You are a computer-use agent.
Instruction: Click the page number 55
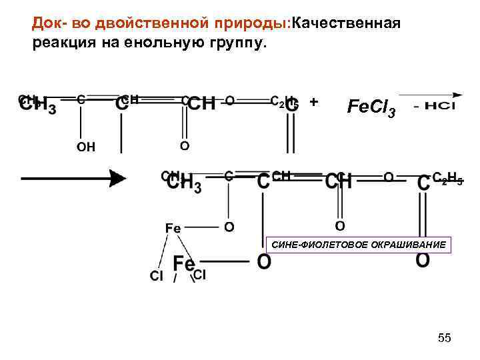[x=445, y=339]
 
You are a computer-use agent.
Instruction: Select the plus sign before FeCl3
[x=314, y=102]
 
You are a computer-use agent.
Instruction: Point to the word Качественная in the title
[x=344, y=25]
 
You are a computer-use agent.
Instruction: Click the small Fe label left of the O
[x=173, y=228]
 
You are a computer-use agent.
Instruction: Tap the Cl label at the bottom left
[x=157, y=276]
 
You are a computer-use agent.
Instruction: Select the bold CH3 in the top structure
[x=39, y=107]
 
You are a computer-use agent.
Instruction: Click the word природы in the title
[x=246, y=25]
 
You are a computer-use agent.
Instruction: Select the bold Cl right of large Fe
[x=200, y=275]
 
